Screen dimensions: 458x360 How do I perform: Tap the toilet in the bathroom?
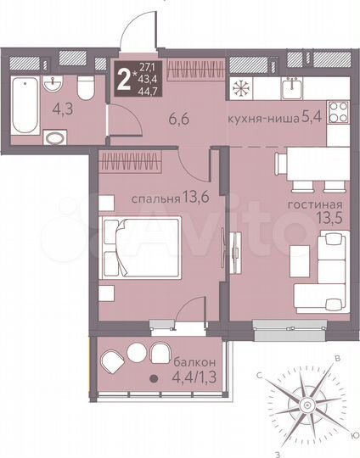(x=85, y=89)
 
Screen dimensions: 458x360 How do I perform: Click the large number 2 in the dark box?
(x=125, y=78)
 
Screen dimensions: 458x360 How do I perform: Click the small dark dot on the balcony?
(x=154, y=381)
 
